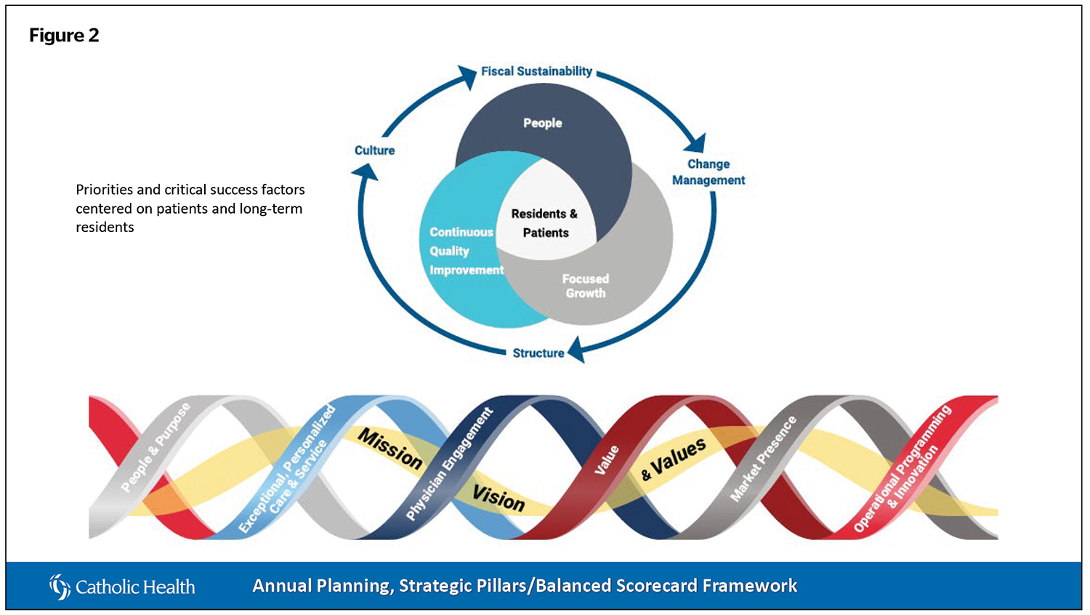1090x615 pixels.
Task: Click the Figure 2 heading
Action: click(64, 36)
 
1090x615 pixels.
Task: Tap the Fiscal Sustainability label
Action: click(537, 71)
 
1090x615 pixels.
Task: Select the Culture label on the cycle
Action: click(375, 150)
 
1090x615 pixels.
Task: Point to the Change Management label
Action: click(708, 172)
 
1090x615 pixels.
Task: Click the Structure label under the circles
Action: click(538, 353)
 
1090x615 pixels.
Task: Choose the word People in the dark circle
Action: click(543, 123)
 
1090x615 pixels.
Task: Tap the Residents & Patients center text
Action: click(545, 223)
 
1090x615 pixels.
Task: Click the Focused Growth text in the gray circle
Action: click(586, 286)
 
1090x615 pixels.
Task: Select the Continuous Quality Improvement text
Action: click(467, 252)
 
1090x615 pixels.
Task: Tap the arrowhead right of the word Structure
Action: click(577, 349)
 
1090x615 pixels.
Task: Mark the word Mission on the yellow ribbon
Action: click(390, 449)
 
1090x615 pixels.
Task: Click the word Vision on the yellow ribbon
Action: click(498, 499)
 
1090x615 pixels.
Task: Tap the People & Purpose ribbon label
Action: click(156, 446)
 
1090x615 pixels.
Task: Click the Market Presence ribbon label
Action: click(764, 459)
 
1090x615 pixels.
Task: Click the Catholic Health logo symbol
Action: click(60, 587)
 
